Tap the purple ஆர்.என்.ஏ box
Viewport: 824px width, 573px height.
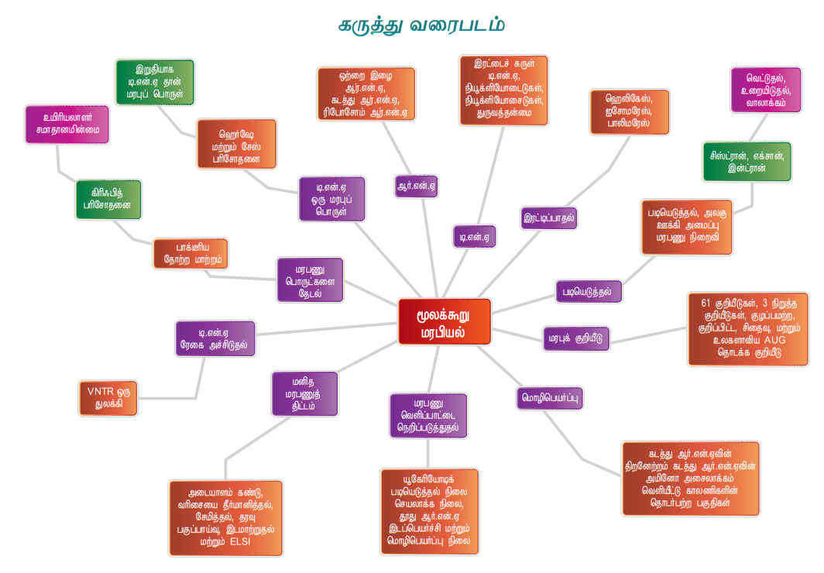[x=416, y=186]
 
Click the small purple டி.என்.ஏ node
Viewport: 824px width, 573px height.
[x=474, y=236]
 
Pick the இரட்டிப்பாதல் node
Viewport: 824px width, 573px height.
[x=549, y=218]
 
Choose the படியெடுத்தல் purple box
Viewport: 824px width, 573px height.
[x=589, y=291]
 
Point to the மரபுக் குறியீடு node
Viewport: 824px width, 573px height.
[x=577, y=338]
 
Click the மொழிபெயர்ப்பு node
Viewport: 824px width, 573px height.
[x=550, y=398]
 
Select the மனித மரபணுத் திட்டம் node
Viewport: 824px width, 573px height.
[x=305, y=393]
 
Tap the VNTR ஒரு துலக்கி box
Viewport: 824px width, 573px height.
[x=108, y=398]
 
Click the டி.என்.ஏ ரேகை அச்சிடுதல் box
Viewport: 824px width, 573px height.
[x=215, y=338]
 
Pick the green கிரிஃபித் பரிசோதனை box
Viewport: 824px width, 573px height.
[x=108, y=200]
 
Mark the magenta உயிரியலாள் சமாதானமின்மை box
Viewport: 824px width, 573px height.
[x=67, y=124]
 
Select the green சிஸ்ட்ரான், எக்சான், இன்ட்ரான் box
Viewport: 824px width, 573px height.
[x=747, y=161]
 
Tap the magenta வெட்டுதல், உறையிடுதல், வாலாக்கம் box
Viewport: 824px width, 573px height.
[x=765, y=90]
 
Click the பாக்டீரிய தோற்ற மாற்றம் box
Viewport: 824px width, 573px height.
[x=191, y=254]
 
